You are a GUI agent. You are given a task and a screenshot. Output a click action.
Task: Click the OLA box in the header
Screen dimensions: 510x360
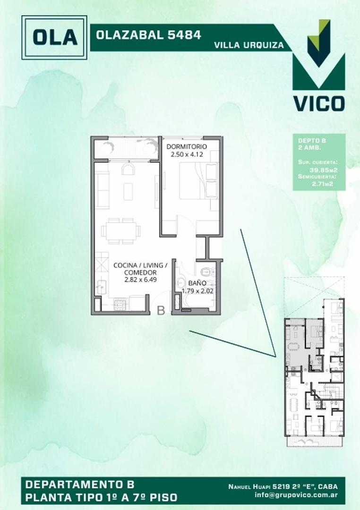(54, 37)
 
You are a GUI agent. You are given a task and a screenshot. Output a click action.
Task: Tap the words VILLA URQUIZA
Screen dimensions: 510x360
(249, 46)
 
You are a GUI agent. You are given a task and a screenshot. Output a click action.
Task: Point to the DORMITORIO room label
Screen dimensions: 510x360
(186, 146)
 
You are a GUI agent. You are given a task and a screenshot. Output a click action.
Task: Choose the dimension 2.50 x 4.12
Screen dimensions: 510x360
(186, 154)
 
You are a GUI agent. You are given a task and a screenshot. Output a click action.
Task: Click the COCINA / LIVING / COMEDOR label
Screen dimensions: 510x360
(140, 269)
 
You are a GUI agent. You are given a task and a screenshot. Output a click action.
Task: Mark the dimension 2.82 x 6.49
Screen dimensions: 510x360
(140, 280)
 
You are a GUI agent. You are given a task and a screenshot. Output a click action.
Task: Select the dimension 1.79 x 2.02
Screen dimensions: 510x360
(198, 291)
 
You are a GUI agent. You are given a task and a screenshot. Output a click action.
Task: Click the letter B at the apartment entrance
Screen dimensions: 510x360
(161, 310)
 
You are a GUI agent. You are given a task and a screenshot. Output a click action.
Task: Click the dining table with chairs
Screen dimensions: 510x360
(121, 231)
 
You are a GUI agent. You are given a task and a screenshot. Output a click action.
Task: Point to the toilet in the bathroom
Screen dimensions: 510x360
(206, 272)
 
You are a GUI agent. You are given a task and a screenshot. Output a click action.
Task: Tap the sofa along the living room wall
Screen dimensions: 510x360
(103, 189)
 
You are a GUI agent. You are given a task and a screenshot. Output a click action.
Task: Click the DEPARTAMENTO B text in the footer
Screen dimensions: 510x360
(80, 484)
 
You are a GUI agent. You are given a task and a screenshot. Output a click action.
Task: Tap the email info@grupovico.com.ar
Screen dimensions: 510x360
(293, 496)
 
